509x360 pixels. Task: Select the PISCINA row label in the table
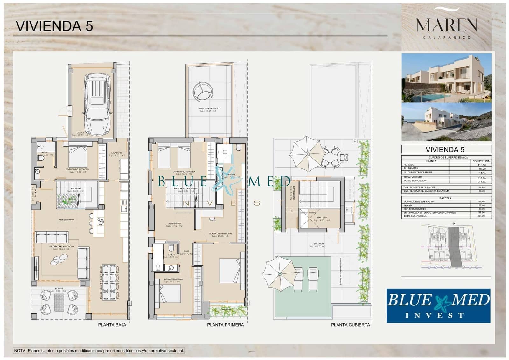(408, 206)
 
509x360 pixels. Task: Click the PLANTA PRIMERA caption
(225, 325)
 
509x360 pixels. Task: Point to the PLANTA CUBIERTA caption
(350, 325)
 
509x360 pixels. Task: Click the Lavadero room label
(116, 153)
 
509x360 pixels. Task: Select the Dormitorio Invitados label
(77, 169)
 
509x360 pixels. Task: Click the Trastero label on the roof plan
(321, 218)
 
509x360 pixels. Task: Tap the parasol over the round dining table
(307, 154)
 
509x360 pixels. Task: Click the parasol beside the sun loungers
(280, 273)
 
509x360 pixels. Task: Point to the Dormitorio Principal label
(220, 234)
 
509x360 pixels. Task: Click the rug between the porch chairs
(59, 302)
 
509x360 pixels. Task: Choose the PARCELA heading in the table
(445, 198)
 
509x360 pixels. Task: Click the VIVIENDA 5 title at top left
(54, 26)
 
